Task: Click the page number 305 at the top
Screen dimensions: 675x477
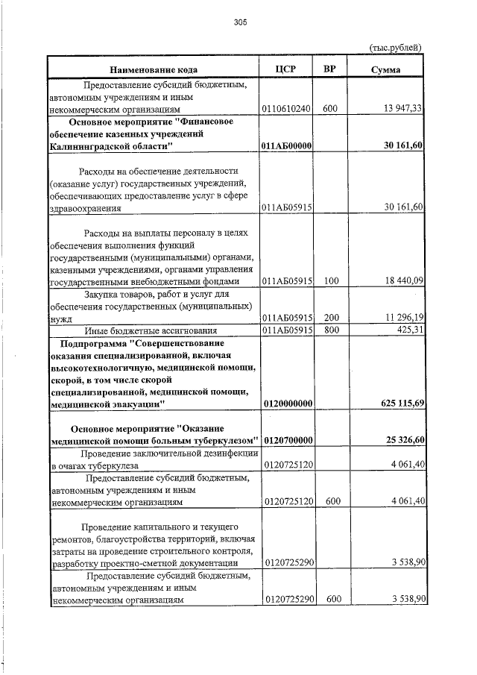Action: coord(239,22)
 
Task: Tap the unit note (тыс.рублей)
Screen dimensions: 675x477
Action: coord(396,48)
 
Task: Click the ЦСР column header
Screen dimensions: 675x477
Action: coord(286,69)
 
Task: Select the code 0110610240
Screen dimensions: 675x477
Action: coord(287,109)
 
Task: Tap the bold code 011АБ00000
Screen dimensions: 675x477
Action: coord(287,145)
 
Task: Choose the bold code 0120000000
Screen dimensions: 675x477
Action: coord(287,403)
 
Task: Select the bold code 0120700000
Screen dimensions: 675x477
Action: coord(287,439)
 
